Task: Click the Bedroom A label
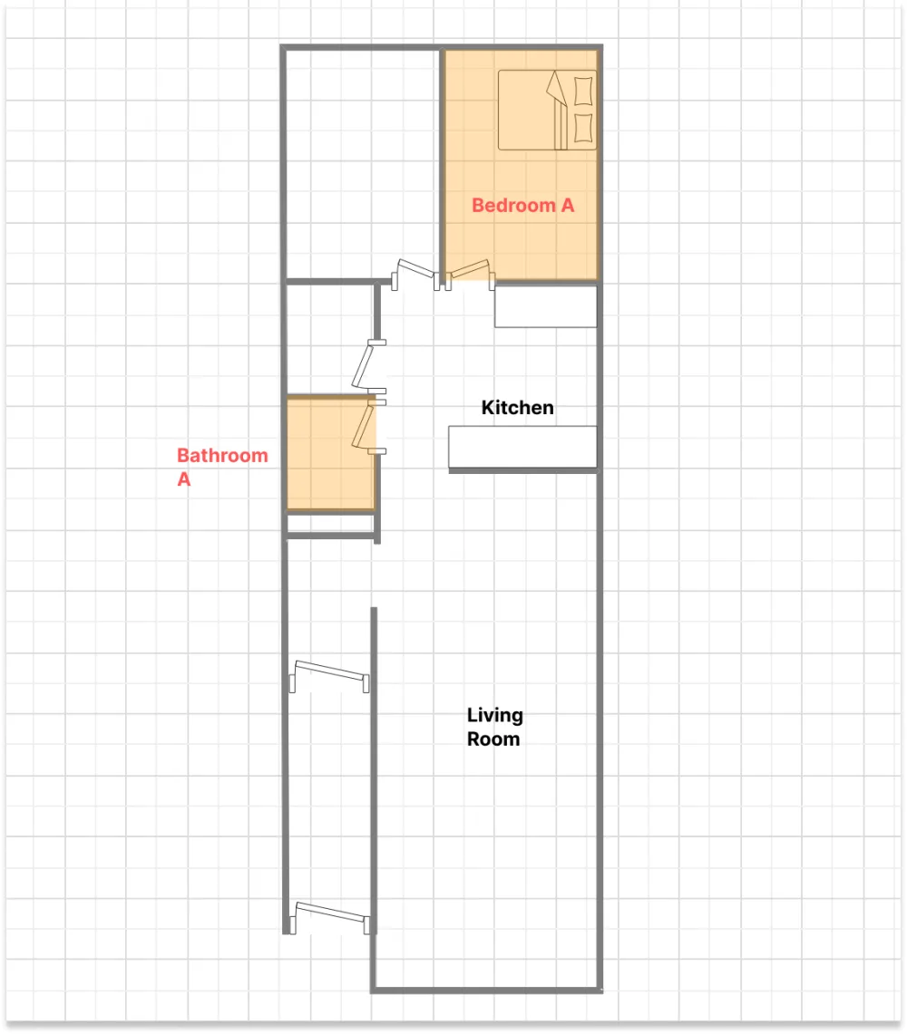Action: coord(522,206)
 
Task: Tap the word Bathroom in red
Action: coord(222,455)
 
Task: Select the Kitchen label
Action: coord(517,408)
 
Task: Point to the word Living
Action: coord(494,716)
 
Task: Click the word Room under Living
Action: coord(493,739)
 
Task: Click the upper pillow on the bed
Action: coord(585,92)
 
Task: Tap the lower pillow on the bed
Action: coord(585,128)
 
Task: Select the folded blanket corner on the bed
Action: coord(555,90)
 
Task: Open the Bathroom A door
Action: coord(366,427)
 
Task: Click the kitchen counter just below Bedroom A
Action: coord(545,306)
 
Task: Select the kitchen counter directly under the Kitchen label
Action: coord(522,447)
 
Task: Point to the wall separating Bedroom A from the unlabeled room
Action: coord(441,163)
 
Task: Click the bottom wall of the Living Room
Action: coord(486,989)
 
